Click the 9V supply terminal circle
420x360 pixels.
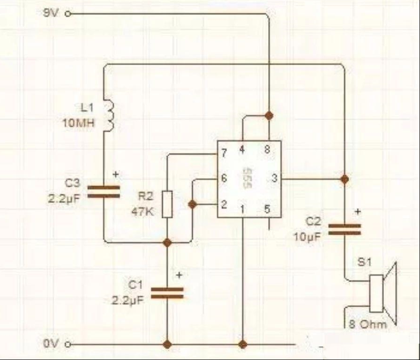click(68, 14)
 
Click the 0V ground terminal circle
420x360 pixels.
click(68, 344)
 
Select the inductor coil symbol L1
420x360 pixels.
click(109, 116)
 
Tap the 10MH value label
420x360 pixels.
click(78, 123)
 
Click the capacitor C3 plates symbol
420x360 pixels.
click(104, 192)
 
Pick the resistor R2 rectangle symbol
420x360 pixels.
click(167, 204)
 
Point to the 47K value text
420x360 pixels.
click(143, 212)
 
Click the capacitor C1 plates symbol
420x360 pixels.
click(167, 293)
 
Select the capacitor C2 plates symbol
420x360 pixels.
click(345, 230)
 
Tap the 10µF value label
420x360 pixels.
click(307, 237)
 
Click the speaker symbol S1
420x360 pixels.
click(383, 293)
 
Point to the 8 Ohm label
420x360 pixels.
click(368, 325)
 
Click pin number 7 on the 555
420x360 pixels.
click(224, 153)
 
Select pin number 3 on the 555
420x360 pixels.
click(274, 178)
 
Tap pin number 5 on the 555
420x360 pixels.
click(267, 209)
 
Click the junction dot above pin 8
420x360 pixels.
click(269, 116)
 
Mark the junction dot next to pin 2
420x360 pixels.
click(192, 205)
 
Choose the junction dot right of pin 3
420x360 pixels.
click(345, 179)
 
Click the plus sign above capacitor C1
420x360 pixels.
click(180, 275)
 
